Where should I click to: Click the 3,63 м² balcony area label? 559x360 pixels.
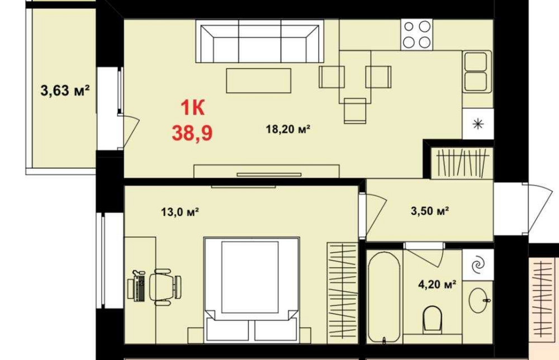(x=65, y=91)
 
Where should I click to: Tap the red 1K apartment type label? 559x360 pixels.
(x=192, y=108)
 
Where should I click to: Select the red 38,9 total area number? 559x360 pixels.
(x=192, y=133)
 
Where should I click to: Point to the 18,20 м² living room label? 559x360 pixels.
(x=288, y=129)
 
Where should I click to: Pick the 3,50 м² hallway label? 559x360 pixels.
(x=429, y=211)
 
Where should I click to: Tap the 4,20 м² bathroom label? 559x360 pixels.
(x=437, y=285)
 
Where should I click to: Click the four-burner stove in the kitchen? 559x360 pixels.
(x=417, y=35)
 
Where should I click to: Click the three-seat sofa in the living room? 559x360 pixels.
(x=260, y=41)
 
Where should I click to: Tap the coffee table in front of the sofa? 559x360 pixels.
(x=258, y=80)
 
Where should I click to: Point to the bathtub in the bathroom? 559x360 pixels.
(x=383, y=297)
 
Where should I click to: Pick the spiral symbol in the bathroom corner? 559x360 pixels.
(x=478, y=265)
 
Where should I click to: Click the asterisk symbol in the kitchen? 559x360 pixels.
(x=478, y=124)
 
